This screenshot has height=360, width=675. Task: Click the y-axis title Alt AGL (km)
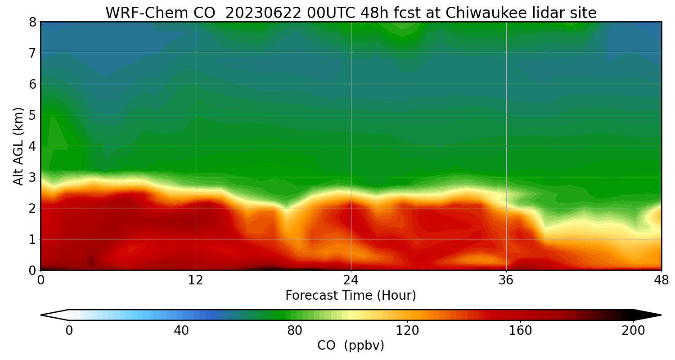[x=18, y=146]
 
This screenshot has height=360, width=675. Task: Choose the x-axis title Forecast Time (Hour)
[x=351, y=296]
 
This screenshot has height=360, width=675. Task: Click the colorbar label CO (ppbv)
[x=351, y=346]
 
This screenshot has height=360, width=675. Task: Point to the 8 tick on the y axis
[x=32, y=22]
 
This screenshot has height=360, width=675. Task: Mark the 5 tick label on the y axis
[x=32, y=115]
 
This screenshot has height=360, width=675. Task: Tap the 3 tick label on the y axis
[x=32, y=177]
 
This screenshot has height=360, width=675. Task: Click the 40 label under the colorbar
[x=181, y=331]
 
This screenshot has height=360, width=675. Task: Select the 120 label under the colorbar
[x=407, y=331]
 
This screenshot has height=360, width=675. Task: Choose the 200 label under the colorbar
[x=633, y=331]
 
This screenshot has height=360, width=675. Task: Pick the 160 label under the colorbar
[x=520, y=331]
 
